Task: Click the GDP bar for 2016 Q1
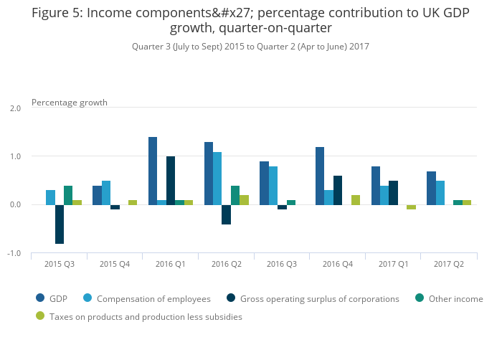tap(153, 171)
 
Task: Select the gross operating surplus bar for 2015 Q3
tap(60, 224)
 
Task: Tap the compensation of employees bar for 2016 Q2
tap(217, 179)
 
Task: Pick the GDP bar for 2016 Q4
tap(320, 176)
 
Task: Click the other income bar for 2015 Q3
tap(68, 195)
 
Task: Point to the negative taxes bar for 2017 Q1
tap(411, 207)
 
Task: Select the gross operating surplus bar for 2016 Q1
tap(171, 181)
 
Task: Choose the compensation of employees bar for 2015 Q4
tap(106, 193)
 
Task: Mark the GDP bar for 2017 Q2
tap(431, 188)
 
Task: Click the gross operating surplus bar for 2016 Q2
tap(227, 214)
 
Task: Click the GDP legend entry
tap(58, 299)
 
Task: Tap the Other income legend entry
tap(455, 299)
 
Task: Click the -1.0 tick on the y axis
tap(14, 254)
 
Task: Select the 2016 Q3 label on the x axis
tap(282, 265)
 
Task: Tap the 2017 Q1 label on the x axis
tap(393, 265)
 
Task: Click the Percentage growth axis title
tap(70, 103)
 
